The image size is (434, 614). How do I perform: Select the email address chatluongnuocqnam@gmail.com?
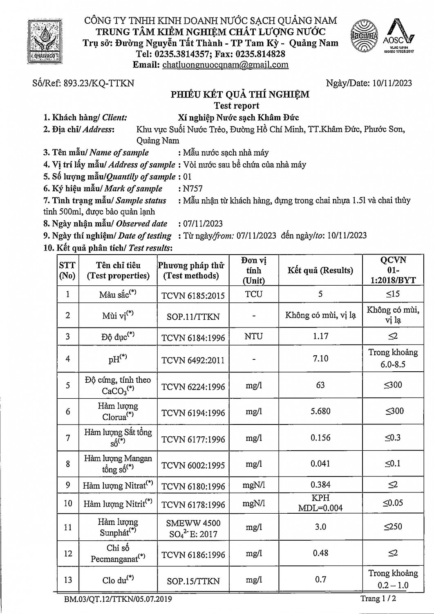point(225,65)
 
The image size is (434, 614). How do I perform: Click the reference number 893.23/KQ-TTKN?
point(98,83)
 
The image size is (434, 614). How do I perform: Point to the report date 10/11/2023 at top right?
point(392,83)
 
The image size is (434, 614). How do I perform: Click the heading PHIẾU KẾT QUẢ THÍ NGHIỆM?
point(240,95)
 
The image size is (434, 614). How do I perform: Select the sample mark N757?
point(193,189)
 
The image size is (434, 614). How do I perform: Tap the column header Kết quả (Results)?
point(320,270)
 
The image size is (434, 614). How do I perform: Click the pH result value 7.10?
point(320,359)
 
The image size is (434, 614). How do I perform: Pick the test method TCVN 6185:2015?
point(193,296)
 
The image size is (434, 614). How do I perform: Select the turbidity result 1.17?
point(320,336)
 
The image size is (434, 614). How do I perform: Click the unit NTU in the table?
point(254,336)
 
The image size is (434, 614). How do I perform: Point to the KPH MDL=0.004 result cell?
point(320,503)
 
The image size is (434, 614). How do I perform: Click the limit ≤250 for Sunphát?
point(393,527)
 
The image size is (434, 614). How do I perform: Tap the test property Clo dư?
point(118,580)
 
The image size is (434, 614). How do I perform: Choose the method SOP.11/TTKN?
point(193,316)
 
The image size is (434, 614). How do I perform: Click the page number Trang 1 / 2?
point(378,598)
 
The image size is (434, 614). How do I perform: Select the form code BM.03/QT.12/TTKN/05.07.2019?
point(118,599)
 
